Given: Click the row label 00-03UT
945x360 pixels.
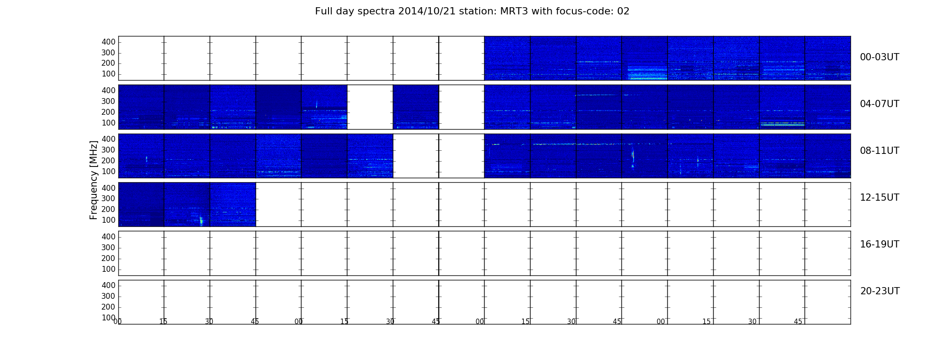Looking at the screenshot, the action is [x=879, y=57].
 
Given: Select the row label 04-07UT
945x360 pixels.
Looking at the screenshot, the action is [x=879, y=104].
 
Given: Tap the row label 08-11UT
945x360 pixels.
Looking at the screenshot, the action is [x=879, y=151].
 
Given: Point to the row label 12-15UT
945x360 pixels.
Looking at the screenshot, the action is [x=879, y=198].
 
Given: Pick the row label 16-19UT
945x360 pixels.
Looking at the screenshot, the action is [x=879, y=244].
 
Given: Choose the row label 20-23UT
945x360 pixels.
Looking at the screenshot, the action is [x=880, y=291].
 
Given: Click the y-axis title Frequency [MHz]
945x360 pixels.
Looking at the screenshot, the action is [x=94, y=180].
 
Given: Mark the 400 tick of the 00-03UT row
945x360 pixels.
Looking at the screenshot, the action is [x=108, y=42].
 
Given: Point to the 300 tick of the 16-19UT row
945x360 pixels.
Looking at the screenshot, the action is [x=108, y=247].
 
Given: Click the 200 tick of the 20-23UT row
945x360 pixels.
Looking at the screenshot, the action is [x=108, y=307].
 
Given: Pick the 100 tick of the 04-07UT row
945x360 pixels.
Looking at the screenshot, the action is [x=108, y=123].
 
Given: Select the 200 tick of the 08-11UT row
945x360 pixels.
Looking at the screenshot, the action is [x=108, y=161].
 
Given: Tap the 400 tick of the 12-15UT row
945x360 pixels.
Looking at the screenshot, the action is [x=108, y=188].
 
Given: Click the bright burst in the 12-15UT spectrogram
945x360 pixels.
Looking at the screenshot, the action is [x=201, y=220].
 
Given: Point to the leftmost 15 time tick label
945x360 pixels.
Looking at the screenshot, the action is [x=163, y=322].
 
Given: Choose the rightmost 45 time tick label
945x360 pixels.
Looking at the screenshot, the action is [x=798, y=322].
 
